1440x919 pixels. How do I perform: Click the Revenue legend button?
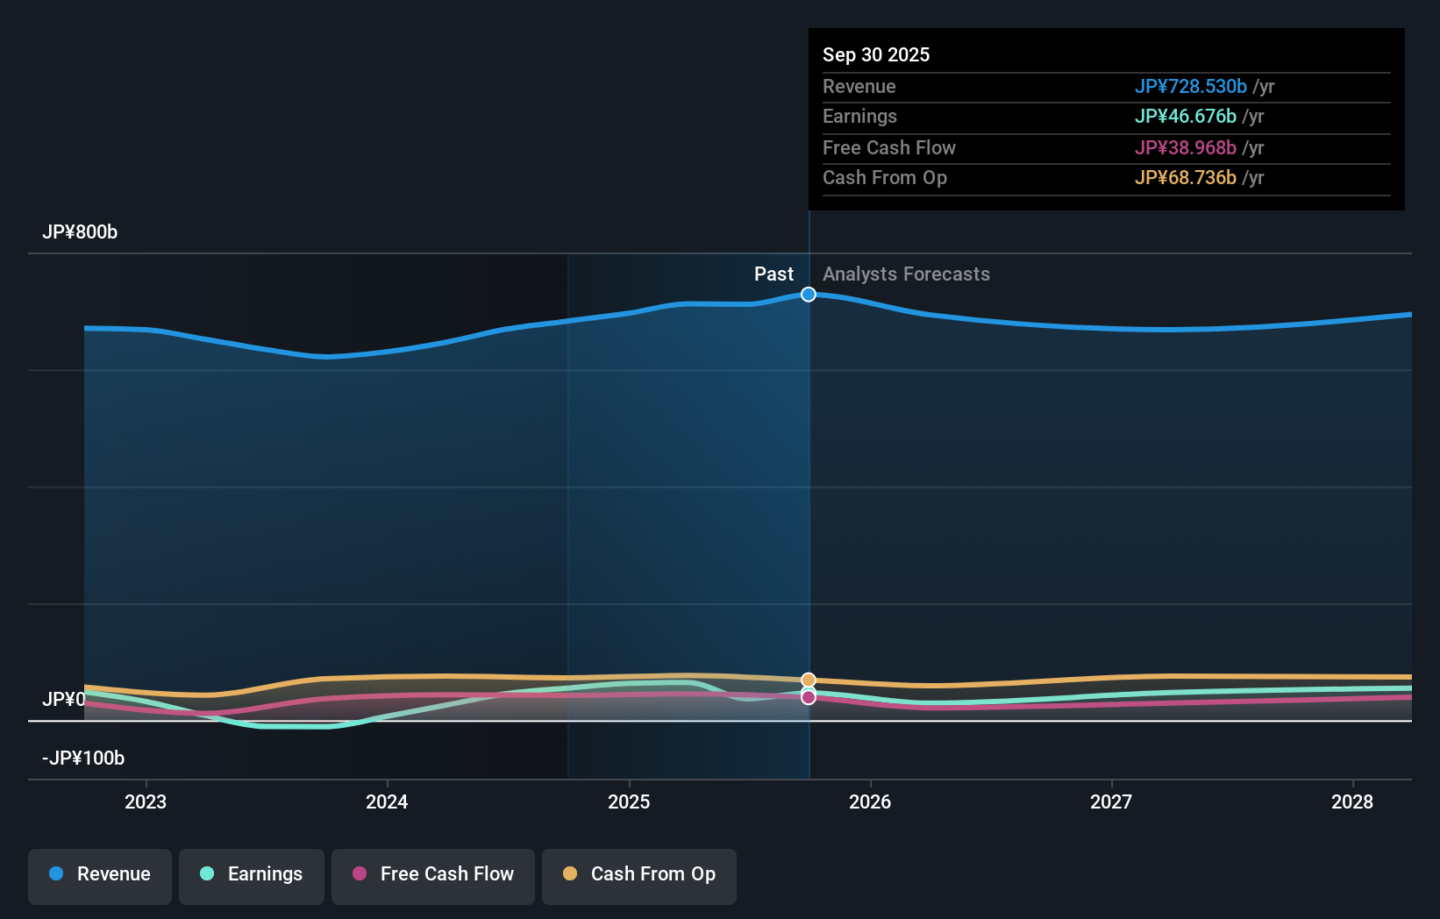(x=100, y=874)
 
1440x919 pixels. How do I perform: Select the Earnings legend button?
(x=252, y=874)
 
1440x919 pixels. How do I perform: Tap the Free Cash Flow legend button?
(x=433, y=874)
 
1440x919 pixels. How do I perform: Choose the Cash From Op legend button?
(x=639, y=874)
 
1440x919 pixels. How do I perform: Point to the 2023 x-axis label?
(x=146, y=801)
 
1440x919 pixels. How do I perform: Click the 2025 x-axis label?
(x=629, y=801)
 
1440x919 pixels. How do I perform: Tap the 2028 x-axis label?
(x=1352, y=801)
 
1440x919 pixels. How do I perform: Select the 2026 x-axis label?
(x=870, y=801)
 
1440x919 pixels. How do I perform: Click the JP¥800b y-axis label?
(x=80, y=232)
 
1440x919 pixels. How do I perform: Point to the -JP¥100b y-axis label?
(x=83, y=759)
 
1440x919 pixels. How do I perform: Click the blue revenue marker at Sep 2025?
(x=809, y=295)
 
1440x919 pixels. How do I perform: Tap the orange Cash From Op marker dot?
(x=809, y=680)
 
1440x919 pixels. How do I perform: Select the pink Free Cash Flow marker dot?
(x=809, y=698)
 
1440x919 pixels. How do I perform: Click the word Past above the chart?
(x=773, y=274)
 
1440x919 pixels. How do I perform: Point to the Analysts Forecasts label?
(x=906, y=274)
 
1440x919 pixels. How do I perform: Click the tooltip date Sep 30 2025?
(x=876, y=55)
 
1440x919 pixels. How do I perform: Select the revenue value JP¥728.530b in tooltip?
(x=1190, y=87)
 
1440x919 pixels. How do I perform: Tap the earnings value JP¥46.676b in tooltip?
(x=1185, y=117)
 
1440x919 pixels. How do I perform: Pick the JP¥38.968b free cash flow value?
(x=1185, y=148)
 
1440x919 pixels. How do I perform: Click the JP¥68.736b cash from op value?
(x=1185, y=178)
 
